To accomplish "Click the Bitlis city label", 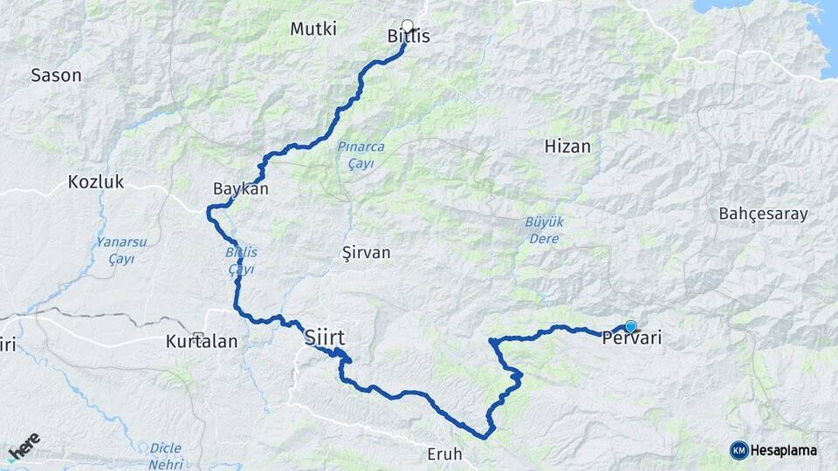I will click(x=409, y=37).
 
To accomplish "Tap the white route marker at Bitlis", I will click(x=407, y=25).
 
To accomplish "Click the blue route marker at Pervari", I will click(x=630, y=326).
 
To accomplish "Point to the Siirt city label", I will click(x=325, y=337).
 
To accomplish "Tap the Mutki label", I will click(x=313, y=29).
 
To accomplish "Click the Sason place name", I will click(x=56, y=75).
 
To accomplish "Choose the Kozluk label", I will click(x=96, y=182).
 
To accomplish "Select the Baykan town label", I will click(x=240, y=188).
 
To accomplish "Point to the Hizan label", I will click(x=567, y=147).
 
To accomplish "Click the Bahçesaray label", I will click(x=763, y=214).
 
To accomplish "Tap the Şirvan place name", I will click(x=367, y=252).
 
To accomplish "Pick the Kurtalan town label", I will click(x=202, y=342).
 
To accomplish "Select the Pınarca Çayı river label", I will click(x=361, y=154).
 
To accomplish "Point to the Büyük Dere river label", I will click(x=544, y=229).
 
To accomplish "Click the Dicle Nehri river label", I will click(x=165, y=454).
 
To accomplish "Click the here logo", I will click(x=24, y=447).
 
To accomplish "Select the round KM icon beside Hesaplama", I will click(x=738, y=450).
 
